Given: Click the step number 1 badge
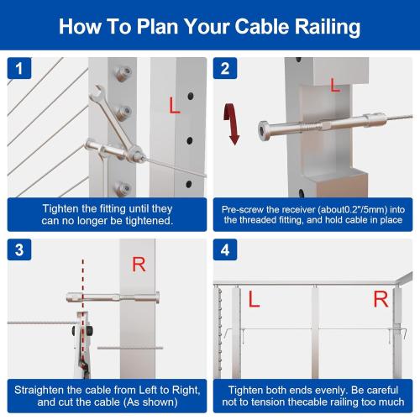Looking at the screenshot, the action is [19, 68].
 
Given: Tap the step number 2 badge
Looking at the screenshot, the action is [225, 68].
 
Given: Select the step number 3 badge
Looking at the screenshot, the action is [19, 249].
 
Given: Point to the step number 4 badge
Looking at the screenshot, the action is [225, 249].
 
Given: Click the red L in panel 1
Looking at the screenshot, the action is [174, 105].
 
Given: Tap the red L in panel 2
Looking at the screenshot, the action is [335, 85].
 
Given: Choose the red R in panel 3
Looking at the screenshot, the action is [139, 265].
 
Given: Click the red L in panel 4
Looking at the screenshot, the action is [254, 299].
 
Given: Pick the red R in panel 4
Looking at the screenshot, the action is [381, 299].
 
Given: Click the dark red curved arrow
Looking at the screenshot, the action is [232, 123].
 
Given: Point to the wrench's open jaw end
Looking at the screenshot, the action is [96, 93].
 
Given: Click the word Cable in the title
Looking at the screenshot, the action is [261, 27].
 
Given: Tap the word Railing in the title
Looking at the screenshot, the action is [327, 28].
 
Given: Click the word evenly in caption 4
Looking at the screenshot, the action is [329, 391].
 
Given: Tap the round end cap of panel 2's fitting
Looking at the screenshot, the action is [264, 131].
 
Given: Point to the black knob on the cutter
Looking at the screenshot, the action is [90, 331].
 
